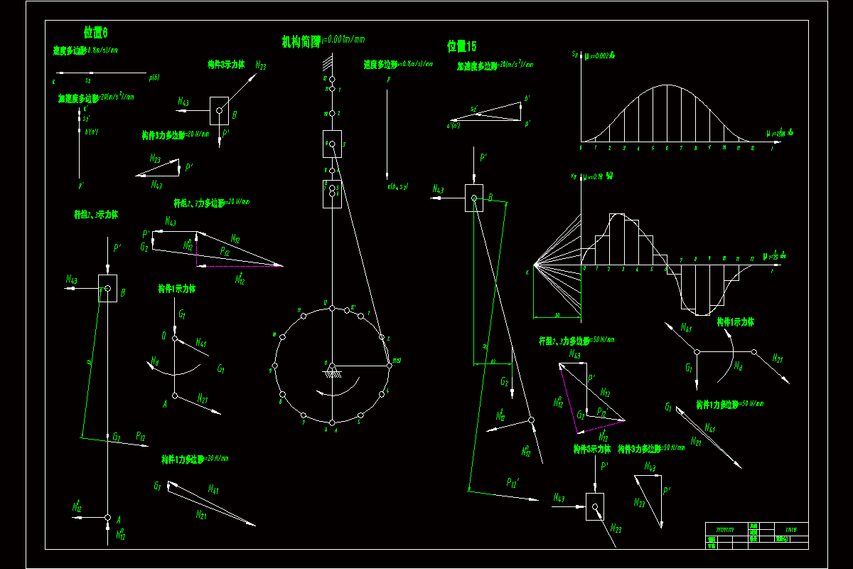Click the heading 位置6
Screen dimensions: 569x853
point(96,32)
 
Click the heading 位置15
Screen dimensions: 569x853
point(461,46)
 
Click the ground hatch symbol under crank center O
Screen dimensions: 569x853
point(331,372)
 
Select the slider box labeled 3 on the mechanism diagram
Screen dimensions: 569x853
point(332,144)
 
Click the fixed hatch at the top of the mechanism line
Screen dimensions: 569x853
point(329,69)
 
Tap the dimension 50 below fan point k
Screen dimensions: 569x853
point(557,314)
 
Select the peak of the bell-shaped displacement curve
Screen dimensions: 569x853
point(667,85)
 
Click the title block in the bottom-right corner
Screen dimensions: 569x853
point(756,535)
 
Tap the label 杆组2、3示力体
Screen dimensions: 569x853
point(96,214)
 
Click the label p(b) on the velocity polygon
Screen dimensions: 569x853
point(154,78)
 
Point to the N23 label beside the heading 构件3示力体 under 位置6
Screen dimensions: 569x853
point(261,65)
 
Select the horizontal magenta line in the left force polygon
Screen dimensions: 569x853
point(240,266)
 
